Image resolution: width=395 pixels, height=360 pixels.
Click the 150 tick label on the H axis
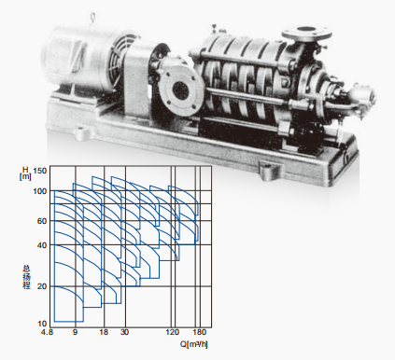click(39, 171)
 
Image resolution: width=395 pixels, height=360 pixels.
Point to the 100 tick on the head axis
click(39, 191)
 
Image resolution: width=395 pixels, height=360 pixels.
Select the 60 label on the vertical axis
click(42, 221)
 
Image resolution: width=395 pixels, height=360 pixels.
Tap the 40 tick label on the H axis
click(42, 245)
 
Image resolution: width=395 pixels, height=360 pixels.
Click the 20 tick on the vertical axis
click(42, 286)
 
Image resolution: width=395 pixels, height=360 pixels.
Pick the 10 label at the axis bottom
click(42, 324)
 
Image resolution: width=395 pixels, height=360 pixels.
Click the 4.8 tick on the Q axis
click(47, 332)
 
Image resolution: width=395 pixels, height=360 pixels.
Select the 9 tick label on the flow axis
click(75, 332)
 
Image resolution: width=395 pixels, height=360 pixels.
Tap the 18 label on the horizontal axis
click(104, 332)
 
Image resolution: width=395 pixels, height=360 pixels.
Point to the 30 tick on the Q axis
click(124, 332)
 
